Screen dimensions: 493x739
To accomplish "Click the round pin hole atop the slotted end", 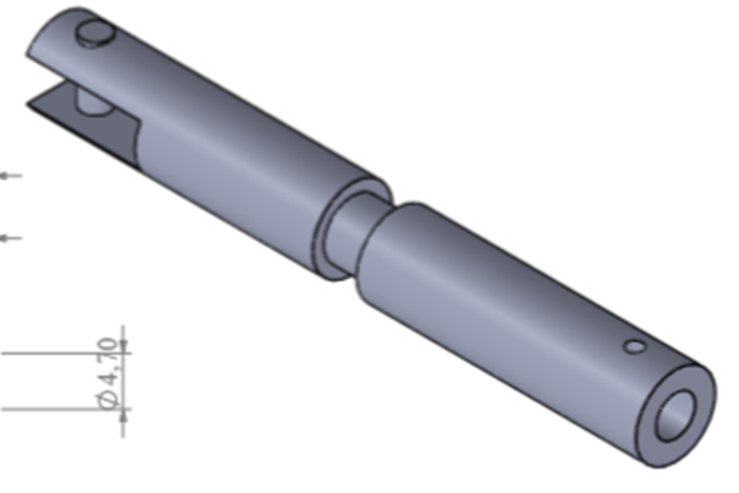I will (94, 33).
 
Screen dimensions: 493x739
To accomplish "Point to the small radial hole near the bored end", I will (635, 347).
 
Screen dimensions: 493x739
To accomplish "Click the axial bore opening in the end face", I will (676, 415).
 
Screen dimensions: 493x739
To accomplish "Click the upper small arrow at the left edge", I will (10, 175).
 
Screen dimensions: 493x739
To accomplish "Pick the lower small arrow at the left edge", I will (10, 238).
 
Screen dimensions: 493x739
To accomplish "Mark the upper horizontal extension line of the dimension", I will (49, 354).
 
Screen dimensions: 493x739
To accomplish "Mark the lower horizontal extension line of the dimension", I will (49, 409).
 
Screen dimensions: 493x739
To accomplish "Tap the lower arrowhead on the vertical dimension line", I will (124, 416).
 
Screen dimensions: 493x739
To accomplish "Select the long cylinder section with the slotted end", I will (244, 162).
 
